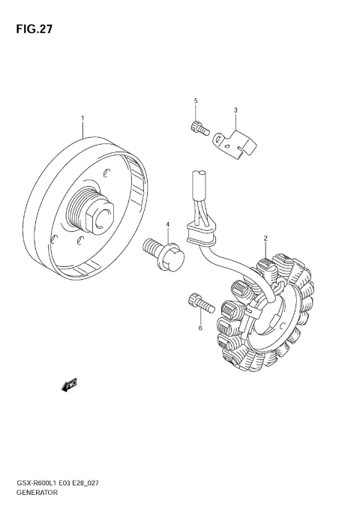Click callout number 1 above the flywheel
click(82, 118)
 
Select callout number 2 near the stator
click(265, 238)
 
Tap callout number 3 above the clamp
click(235, 111)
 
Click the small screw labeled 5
click(196, 127)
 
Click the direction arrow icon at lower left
click(70, 385)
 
